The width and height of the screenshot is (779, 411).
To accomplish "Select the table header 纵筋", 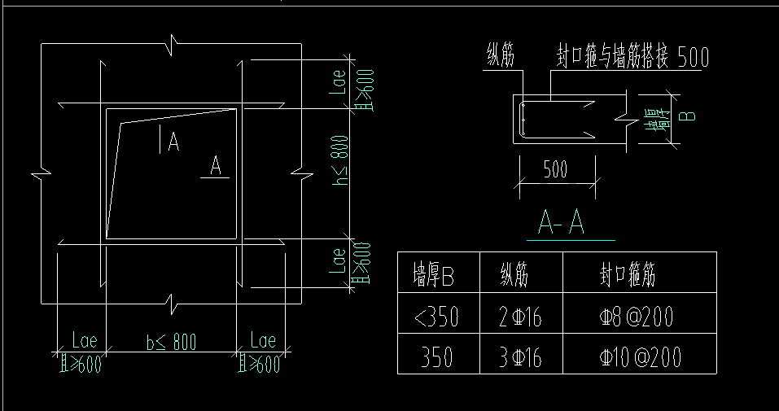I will coord(514,275).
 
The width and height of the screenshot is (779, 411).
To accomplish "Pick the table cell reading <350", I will coord(436,316).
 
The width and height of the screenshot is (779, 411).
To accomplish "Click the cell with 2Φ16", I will coord(520,317).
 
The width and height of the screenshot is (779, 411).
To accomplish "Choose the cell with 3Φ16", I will coord(520,356).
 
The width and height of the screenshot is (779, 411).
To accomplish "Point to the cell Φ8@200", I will coord(637,317).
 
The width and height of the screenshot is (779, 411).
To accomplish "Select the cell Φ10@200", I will coord(640,356).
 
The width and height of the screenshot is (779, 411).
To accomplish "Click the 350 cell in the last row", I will coord(438,356).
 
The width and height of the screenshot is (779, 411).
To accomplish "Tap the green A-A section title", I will coord(562,223).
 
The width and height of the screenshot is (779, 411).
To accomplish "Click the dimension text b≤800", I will coord(171,342).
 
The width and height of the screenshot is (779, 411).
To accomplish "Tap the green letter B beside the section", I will coord(688,115).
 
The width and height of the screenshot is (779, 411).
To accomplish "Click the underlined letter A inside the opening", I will coord(216,165).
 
